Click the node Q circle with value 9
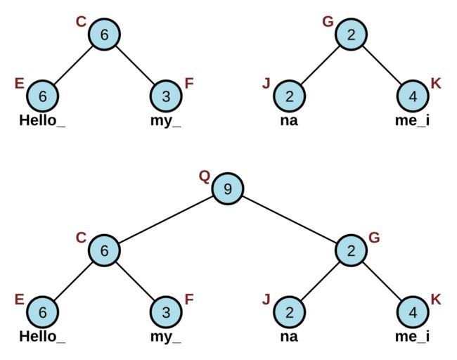pyautogui.click(x=227, y=188)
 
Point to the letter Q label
pyautogui.click(x=205, y=176)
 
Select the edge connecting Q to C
pyautogui.click(x=165, y=219)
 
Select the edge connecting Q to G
pyautogui.click(x=289, y=219)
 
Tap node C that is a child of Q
pyautogui.click(x=104, y=250)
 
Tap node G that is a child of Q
pyautogui.click(x=351, y=250)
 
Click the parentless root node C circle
pyautogui.click(x=104, y=34)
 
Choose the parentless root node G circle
pyautogui.click(x=351, y=34)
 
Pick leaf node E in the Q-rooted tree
pyautogui.click(x=42, y=311)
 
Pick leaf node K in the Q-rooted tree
pyautogui.click(x=413, y=311)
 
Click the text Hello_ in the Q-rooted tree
pyautogui.click(x=42, y=336)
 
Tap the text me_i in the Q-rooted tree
pyautogui.click(x=413, y=336)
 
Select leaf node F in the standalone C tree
pyautogui.click(x=166, y=96)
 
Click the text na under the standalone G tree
pyautogui.click(x=289, y=120)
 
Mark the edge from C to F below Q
pyautogui.click(x=135, y=281)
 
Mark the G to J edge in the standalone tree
pyautogui.click(x=320, y=65)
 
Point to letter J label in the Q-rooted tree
pyautogui.click(x=266, y=300)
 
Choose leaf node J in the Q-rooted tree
pyautogui.click(x=289, y=311)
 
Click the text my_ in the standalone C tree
pyautogui.click(x=166, y=120)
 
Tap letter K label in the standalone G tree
pyautogui.click(x=436, y=84)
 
